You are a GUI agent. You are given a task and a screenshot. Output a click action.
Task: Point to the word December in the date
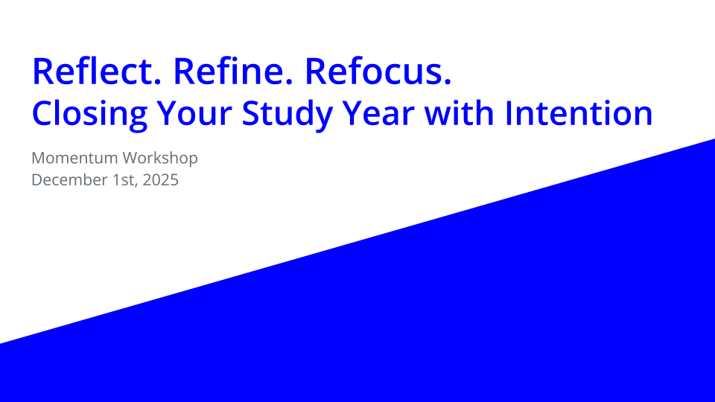tap(66, 179)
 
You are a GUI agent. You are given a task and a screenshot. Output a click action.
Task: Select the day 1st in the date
tap(120, 179)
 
